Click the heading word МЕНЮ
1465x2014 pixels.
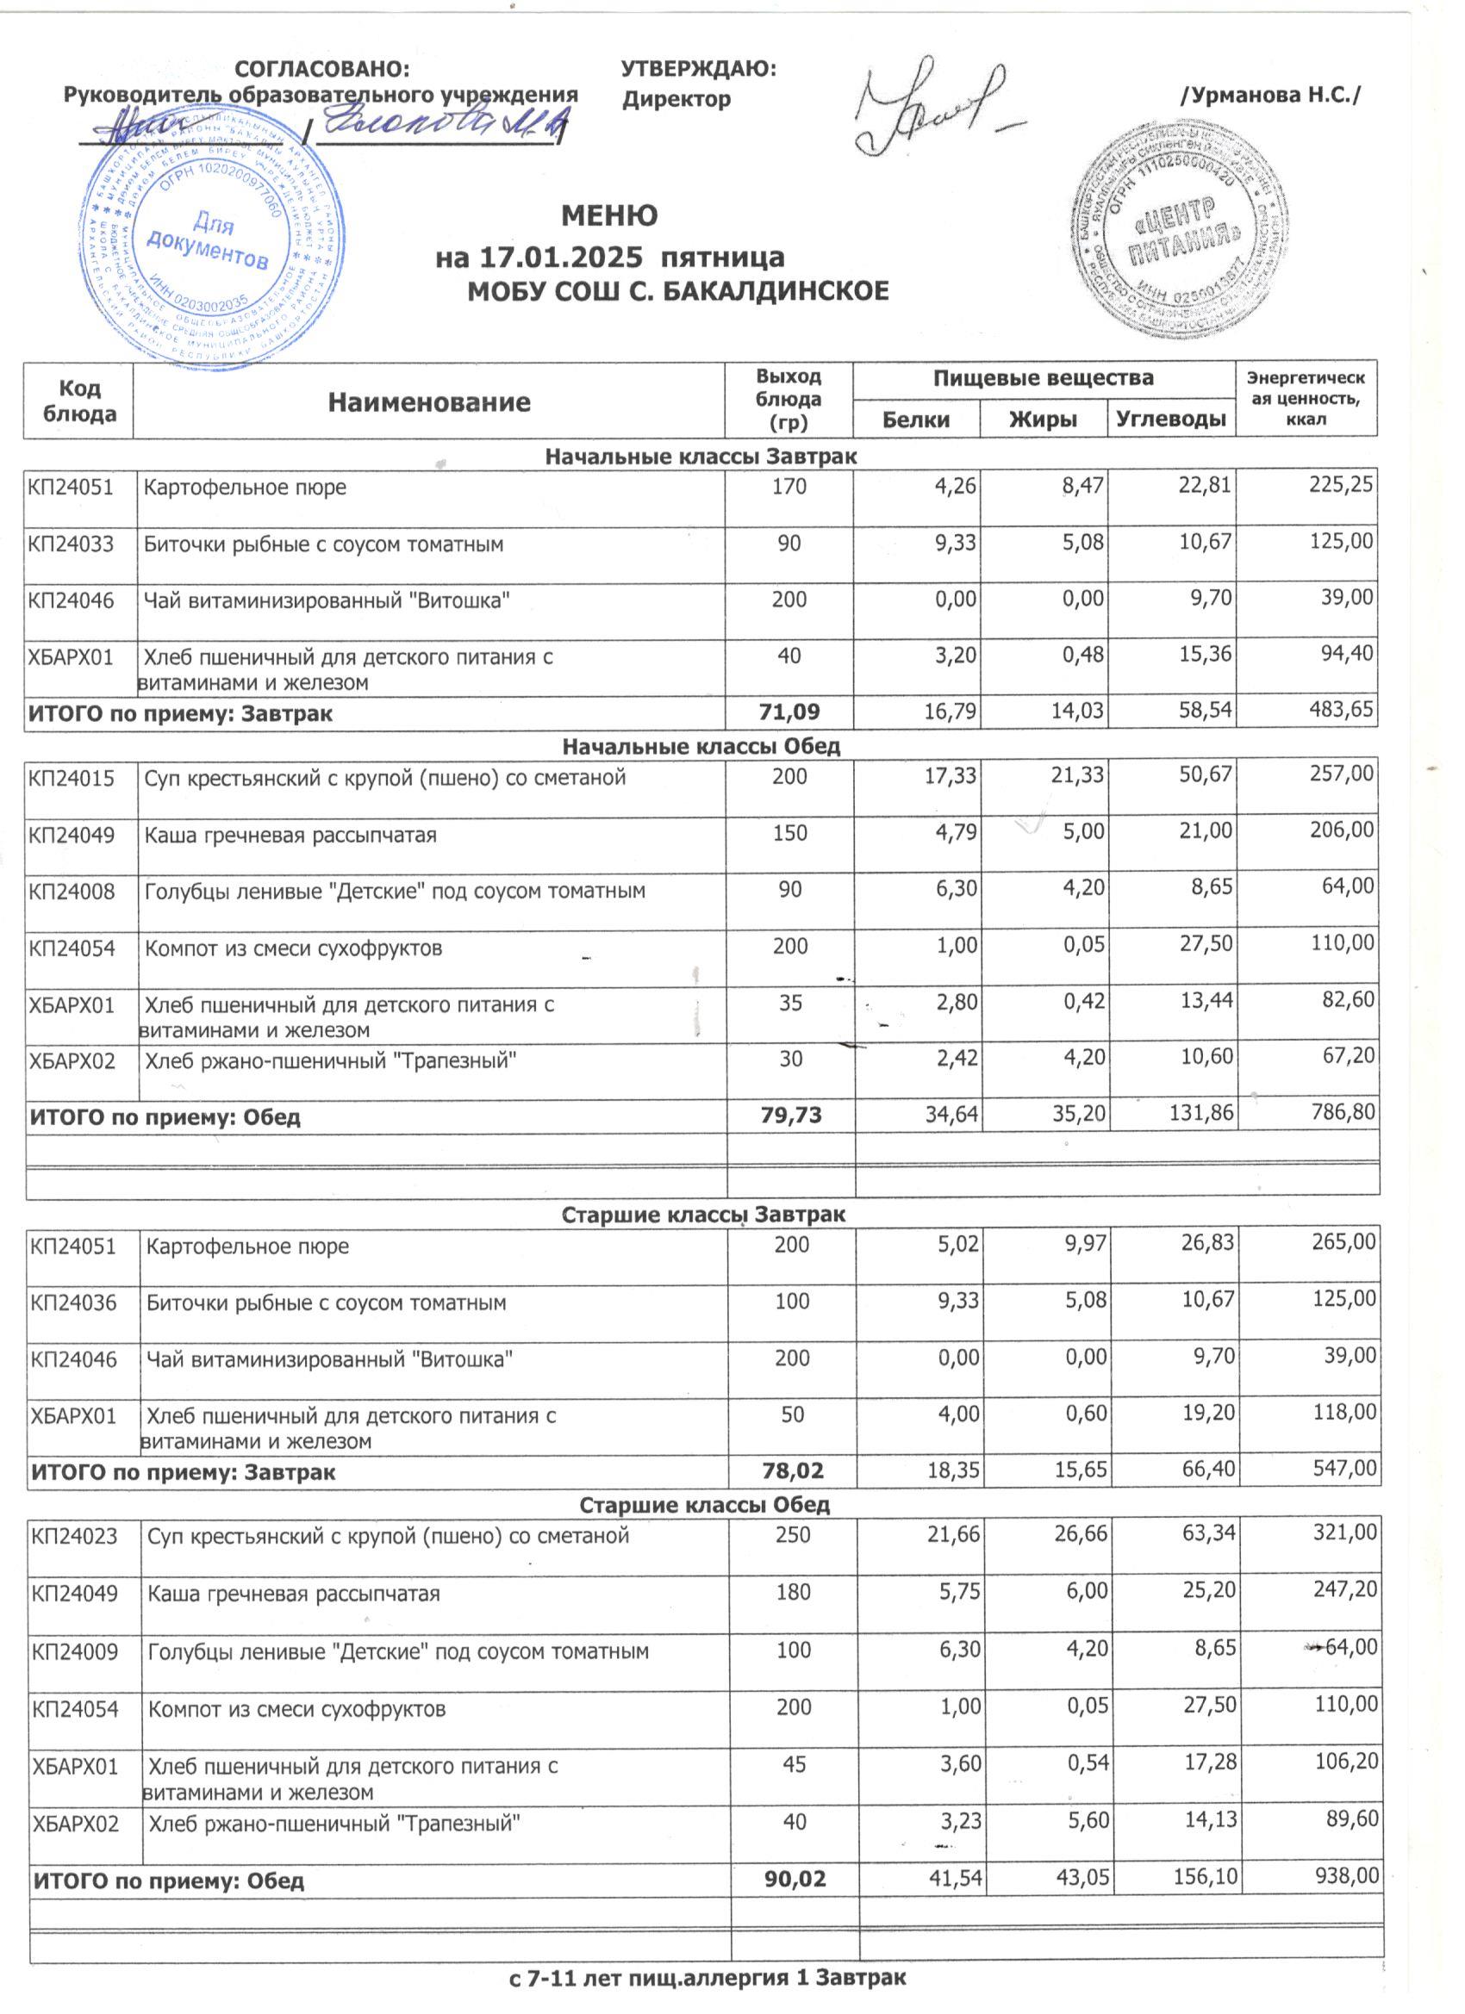(x=609, y=215)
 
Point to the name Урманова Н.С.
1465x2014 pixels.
(x=1270, y=95)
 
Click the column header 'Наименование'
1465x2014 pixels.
(x=429, y=402)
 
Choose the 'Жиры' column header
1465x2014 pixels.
(x=1043, y=420)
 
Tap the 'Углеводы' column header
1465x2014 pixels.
(x=1171, y=420)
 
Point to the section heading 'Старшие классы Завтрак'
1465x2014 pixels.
(x=703, y=1213)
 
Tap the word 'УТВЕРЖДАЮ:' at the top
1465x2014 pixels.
(x=698, y=69)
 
